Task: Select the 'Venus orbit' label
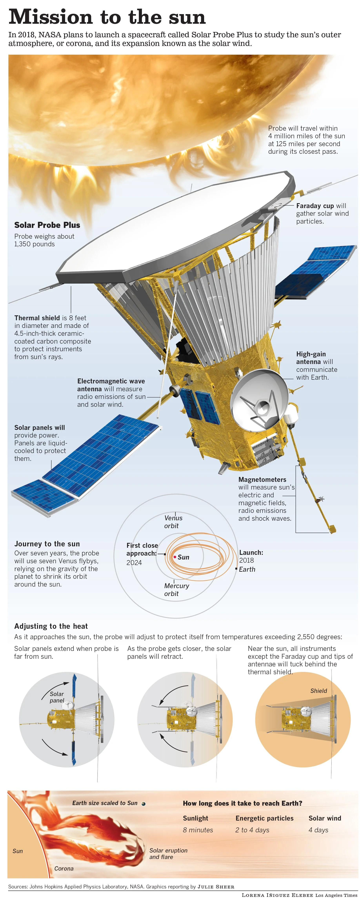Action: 173,522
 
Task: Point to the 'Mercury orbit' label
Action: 176,590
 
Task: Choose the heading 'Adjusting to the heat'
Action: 51,626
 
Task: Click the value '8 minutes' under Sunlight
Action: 198,830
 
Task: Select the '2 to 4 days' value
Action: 252,830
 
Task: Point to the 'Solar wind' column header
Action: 325,818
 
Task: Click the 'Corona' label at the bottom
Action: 64,868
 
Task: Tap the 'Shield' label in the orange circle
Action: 318,691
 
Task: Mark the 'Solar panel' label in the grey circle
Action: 57,697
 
